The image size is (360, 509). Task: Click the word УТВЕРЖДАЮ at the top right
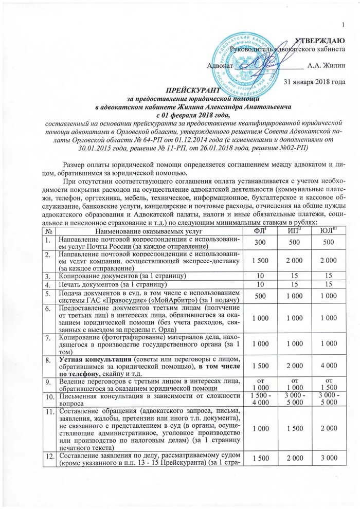322,41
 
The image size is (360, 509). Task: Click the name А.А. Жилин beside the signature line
322,65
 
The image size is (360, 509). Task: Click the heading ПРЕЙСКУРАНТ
194,89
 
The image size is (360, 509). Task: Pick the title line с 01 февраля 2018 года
194,115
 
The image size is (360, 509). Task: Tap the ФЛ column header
261,232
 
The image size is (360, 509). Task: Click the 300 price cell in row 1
260,242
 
